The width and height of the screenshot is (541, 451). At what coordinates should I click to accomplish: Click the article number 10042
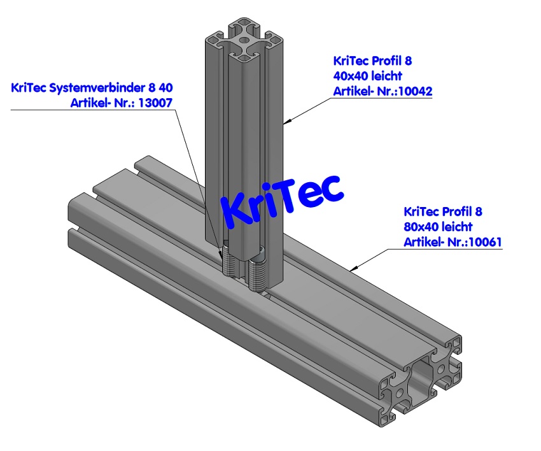415,91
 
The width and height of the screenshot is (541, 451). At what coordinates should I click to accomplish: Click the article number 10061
486,241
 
